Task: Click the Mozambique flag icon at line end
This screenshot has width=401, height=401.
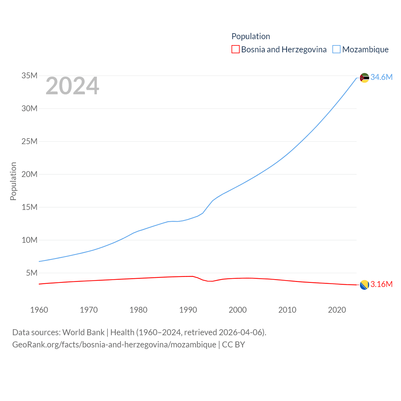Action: point(364,77)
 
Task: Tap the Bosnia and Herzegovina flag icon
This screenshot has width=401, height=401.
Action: point(364,285)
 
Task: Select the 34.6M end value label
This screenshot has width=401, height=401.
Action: point(381,77)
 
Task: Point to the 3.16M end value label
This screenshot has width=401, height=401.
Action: point(381,284)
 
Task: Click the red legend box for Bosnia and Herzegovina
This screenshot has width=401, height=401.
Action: point(236,49)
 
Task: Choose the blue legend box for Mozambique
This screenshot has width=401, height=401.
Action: point(336,49)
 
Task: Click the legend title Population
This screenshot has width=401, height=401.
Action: point(251,36)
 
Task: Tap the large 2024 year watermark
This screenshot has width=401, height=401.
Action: point(72,86)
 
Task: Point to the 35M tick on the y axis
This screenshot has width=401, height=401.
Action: point(29,76)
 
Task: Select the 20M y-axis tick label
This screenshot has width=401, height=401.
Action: point(29,174)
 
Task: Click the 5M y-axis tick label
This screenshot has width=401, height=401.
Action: point(32,273)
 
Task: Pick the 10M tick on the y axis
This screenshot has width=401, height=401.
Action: point(29,240)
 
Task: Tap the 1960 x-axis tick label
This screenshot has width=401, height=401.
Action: point(39,310)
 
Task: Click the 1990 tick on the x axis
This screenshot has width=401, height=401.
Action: point(188,310)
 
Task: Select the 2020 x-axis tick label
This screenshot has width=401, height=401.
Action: point(337,310)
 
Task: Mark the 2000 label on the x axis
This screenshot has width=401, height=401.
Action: point(238,310)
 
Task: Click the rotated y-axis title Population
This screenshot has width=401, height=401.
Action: point(13,181)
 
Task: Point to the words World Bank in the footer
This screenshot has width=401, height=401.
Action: point(83,332)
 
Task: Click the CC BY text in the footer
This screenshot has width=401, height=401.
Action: point(233,345)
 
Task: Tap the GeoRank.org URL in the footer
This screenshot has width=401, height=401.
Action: point(114,345)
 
